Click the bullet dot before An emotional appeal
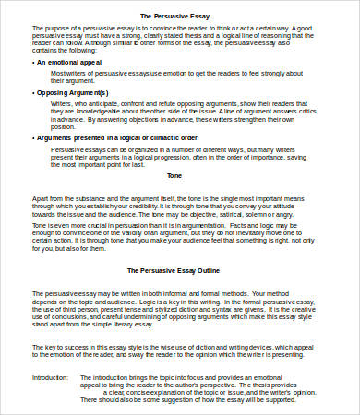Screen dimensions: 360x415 click(x=34, y=61)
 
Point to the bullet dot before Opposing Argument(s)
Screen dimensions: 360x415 click(x=34, y=93)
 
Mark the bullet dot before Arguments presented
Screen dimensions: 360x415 click(x=34, y=137)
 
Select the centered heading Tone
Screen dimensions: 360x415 click(x=175, y=174)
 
